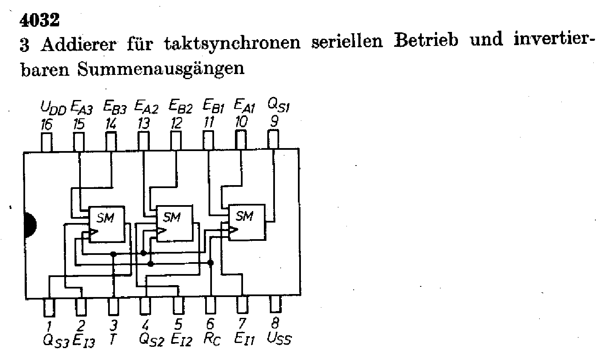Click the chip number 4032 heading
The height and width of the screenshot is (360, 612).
40,20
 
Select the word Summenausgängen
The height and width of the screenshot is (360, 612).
161,69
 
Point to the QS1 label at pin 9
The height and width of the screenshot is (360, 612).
279,105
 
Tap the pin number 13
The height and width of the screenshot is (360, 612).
144,123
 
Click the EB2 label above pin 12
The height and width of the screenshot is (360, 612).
180,106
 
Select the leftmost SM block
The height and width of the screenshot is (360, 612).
107,224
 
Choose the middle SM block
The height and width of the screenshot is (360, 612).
174,223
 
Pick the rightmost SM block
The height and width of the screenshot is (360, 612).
247,222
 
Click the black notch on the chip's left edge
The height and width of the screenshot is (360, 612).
30,225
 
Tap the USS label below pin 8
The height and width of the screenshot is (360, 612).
279,339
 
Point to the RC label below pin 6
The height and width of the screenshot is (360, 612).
212,339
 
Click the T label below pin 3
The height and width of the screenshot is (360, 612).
113,339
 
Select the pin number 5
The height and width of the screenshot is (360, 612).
178,325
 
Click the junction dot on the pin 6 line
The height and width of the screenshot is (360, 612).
210,263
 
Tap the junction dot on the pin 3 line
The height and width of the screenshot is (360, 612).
113,254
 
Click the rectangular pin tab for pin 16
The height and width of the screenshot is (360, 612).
46,142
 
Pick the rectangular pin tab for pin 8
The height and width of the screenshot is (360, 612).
275,304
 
